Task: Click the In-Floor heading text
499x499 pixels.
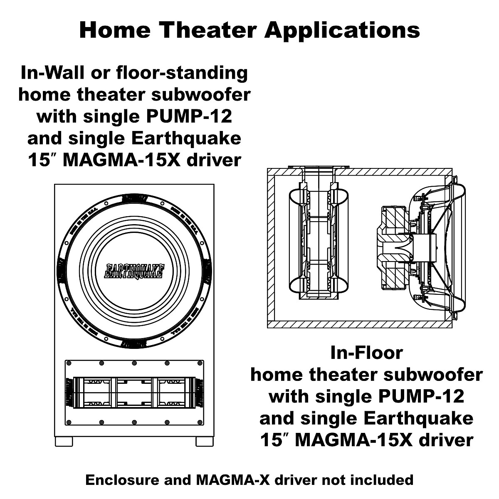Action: pos(366,353)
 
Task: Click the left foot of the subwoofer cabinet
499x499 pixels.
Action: pos(63,442)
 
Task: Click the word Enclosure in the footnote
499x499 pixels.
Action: pos(118,480)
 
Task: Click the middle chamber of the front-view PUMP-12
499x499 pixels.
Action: pos(134,393)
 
